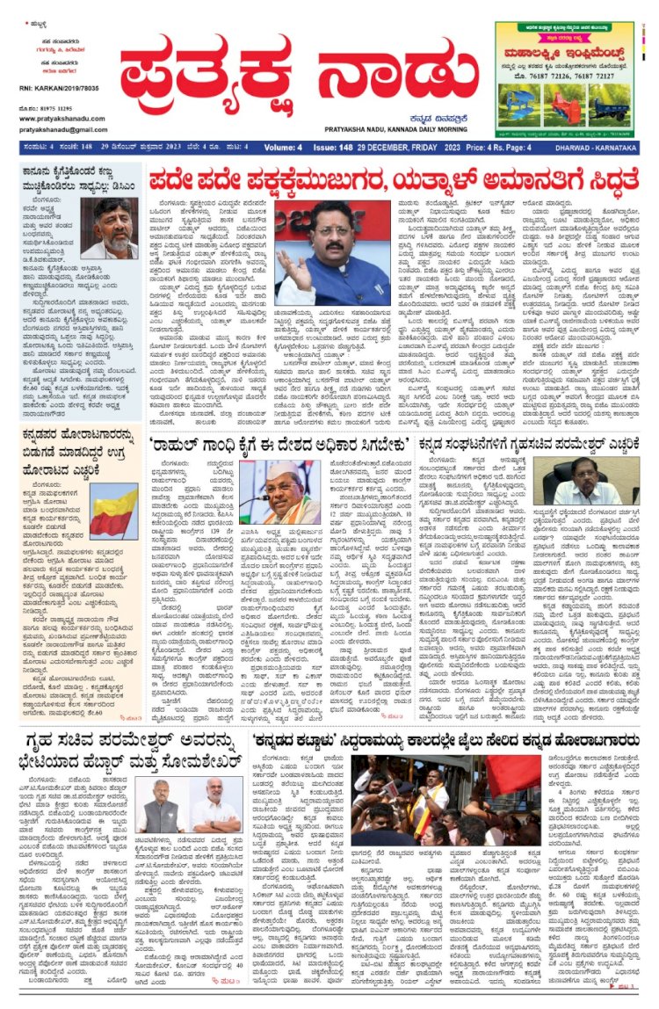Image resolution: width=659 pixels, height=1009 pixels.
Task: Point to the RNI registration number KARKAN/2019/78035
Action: [x=49, y=89]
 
